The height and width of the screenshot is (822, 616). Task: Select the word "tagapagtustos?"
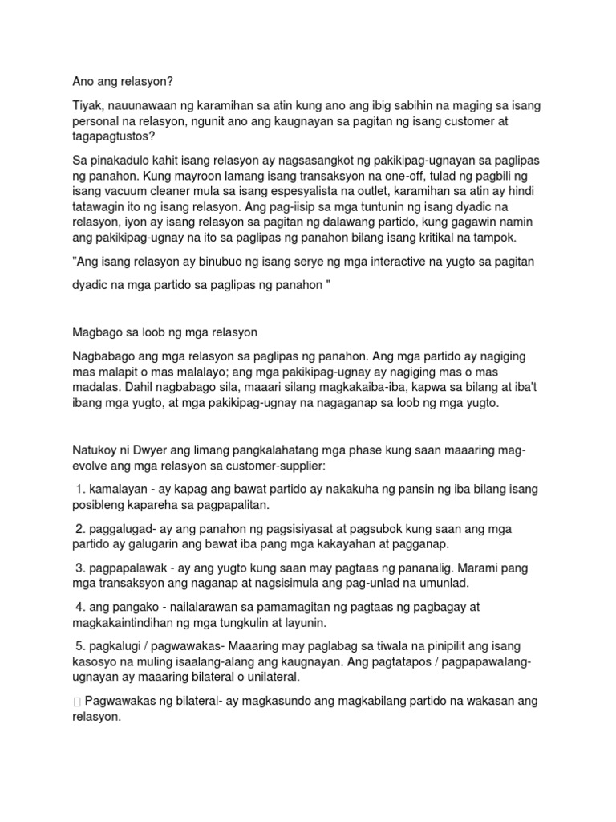(x=113, y=137)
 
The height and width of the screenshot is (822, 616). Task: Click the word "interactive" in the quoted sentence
(x=355, y=262)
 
